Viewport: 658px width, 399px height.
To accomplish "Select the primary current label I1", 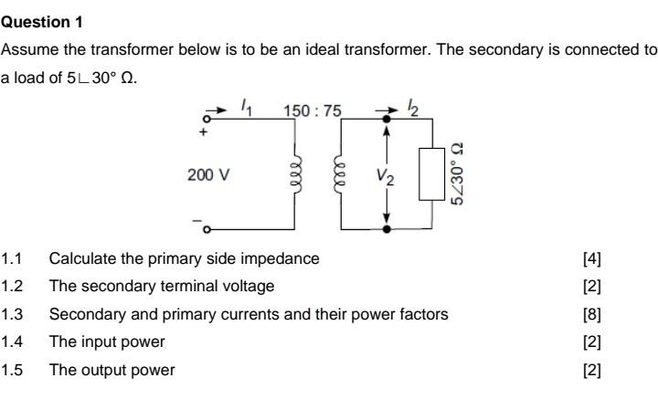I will [x=248, y=108].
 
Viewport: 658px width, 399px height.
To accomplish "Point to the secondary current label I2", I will [x=412, y=108].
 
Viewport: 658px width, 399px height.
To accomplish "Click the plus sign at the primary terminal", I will [x=205, y=131].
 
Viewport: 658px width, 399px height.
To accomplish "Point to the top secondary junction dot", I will [x=387, y=119].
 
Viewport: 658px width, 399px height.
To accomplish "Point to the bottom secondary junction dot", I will [x=387, y=228].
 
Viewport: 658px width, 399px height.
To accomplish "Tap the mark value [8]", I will [x=591, y=314].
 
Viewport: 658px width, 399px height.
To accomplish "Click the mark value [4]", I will [x=591, y=258].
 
